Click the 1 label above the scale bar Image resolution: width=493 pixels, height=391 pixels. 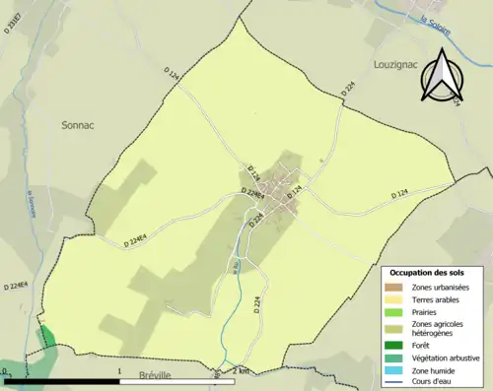(x=119, y=370)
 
